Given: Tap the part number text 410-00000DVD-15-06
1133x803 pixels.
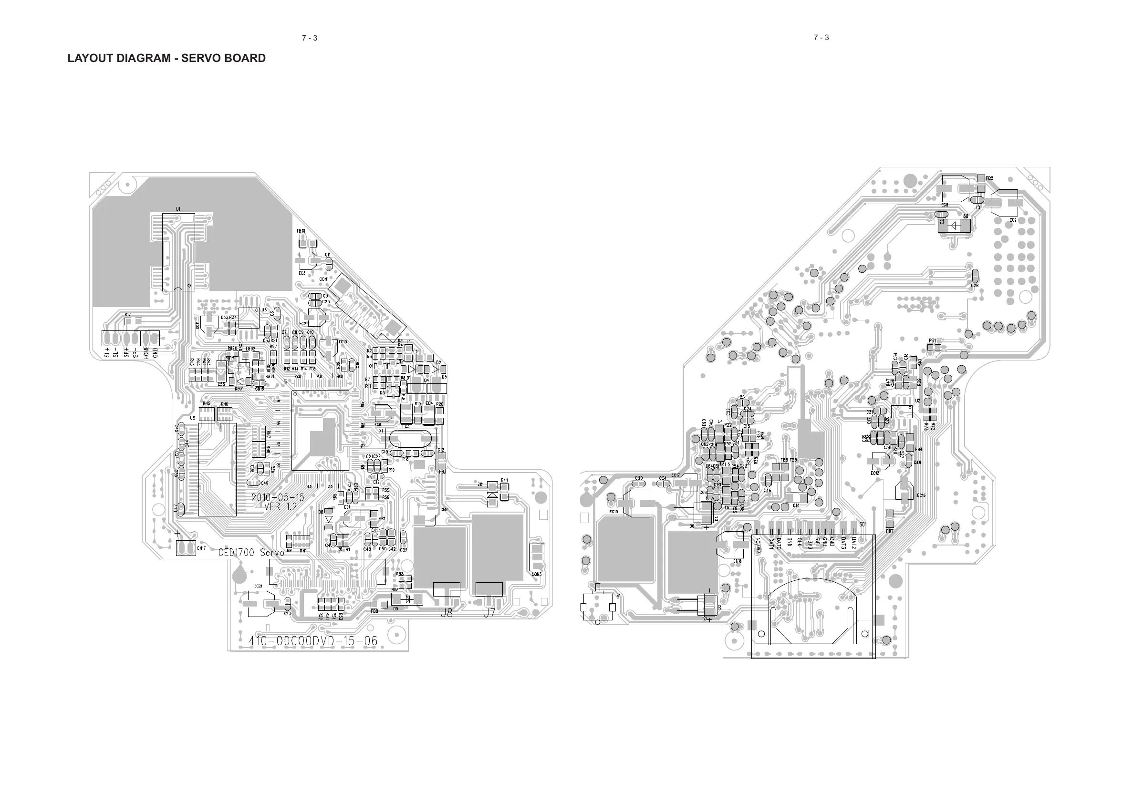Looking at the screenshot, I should click(x=313, y=641).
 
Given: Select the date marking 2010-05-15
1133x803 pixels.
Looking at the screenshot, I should click(x=278, y=497).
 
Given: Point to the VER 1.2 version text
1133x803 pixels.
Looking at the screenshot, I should click(x=281, y=507).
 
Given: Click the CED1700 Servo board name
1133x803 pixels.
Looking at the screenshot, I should click(x=251, y=552).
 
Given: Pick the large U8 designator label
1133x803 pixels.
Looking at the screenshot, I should click(x=446, y=613).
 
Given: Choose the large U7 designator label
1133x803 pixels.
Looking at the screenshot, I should click(x=489, y=613).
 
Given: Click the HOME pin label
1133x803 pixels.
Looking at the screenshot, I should click(x=146, y=351).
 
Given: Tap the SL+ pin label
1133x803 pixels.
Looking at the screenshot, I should click(x=107, y=352).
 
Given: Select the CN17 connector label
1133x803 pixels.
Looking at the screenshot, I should click(x=201, y=548).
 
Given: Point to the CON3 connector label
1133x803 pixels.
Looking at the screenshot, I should click(x=537, y=574).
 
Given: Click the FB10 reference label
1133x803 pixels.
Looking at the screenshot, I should click(x=301, y=231).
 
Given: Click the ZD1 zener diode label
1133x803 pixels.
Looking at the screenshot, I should click(x=481, y=484).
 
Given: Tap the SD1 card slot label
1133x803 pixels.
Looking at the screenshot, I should click(x=863, y=524).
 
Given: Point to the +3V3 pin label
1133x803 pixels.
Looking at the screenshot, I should click(x=810, y=543).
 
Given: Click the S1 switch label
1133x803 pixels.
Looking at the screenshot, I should click(x=618, y=596).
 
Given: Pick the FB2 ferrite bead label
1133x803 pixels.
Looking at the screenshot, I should click(x=989, y=178).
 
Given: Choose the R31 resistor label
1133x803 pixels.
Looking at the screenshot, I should click(x=932, y=340).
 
